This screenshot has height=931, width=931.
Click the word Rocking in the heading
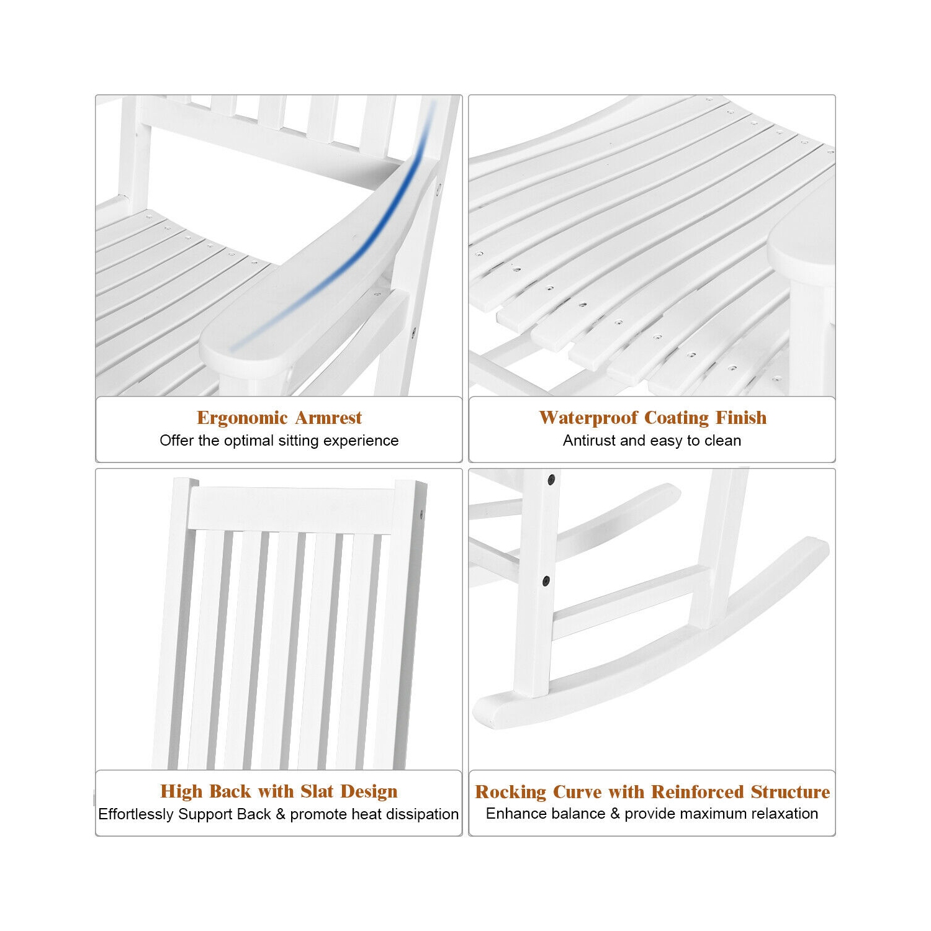(x=511, y=792)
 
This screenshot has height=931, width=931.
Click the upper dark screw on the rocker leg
(x=551, y=480)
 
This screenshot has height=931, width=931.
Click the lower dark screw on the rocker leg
(x=546, y=582)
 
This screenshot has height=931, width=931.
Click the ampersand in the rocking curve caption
(x=615, y=814)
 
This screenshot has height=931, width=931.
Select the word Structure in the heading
(x=791, y=792)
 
